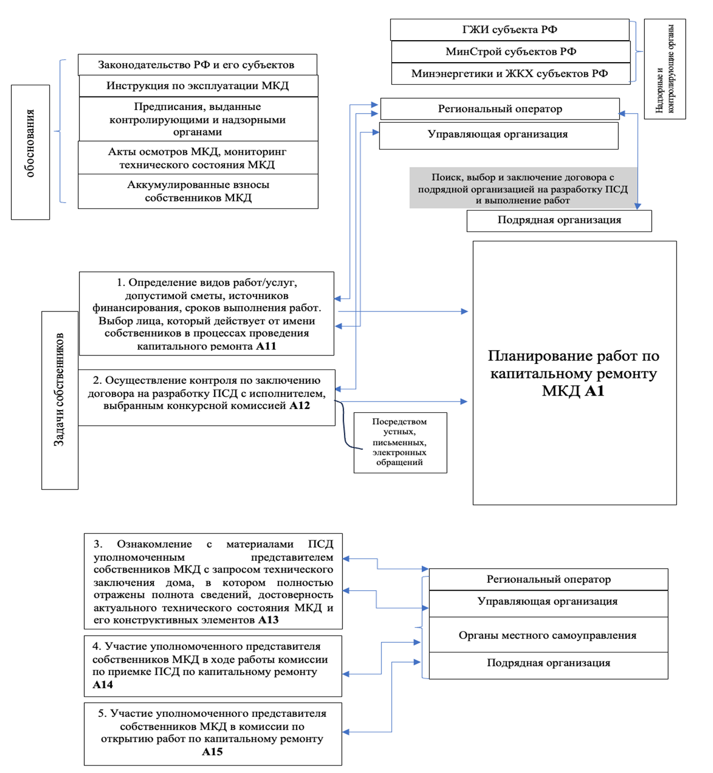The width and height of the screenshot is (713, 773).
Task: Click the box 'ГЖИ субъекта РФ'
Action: tap(510, 30)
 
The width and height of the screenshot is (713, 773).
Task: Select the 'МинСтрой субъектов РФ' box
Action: tap(511, 52)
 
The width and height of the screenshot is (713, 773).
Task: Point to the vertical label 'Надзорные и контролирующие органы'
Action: tap(665, 69)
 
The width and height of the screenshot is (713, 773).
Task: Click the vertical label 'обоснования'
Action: tap(31, 143)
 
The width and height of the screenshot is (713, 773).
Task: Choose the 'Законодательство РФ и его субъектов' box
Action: tap(196, 65)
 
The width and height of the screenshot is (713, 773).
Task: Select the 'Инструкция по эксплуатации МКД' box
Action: tap(197, 86)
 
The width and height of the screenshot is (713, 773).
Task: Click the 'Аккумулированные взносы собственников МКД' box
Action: tap(198, 191)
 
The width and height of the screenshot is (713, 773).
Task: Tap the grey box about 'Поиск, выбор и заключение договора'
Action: tap(523, 188)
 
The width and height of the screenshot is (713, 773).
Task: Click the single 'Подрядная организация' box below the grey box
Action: tap(559, 220)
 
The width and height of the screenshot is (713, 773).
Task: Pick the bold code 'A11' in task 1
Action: tap(266, 346)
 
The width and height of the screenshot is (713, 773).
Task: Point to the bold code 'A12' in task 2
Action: tap(300, 406)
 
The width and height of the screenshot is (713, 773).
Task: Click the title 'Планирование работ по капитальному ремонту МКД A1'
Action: tap(574, 373)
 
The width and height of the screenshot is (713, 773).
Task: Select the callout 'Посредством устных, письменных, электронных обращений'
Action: tap(400, 442)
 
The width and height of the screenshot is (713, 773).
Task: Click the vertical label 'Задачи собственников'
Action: tap(60, 390)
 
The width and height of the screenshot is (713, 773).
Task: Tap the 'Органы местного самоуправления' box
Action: tap(548, 635)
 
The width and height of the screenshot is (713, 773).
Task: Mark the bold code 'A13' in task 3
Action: tap(268, 620)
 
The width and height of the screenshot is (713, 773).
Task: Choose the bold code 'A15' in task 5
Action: tap(212, 752)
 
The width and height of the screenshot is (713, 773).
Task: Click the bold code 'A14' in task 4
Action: tap(103, 685)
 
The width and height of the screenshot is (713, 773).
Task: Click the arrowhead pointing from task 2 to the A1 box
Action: tap(464, 402)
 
